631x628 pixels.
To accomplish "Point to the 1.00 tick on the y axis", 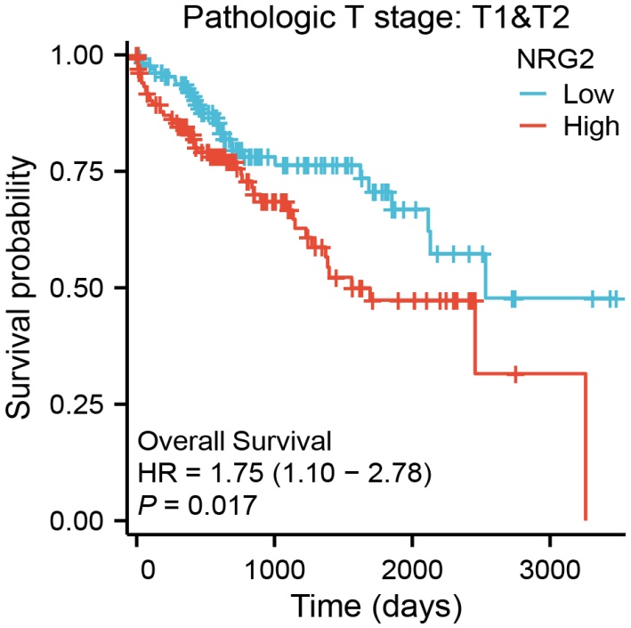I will pos(88,55).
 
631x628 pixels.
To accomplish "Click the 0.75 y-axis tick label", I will pos(88,171).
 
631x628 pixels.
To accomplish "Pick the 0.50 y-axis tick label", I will pos(88,288).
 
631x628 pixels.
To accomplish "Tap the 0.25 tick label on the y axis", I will pos(88,404).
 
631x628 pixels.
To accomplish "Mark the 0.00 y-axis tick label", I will pos(88,520).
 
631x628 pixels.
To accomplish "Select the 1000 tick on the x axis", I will pos(275,567).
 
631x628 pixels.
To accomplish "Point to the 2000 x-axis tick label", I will pos(412,567).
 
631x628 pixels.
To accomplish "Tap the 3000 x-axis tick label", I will pos(549,567).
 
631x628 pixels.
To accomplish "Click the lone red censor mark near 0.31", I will pos(515,374).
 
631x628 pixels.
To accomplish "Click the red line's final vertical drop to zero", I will pos(586,445).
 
